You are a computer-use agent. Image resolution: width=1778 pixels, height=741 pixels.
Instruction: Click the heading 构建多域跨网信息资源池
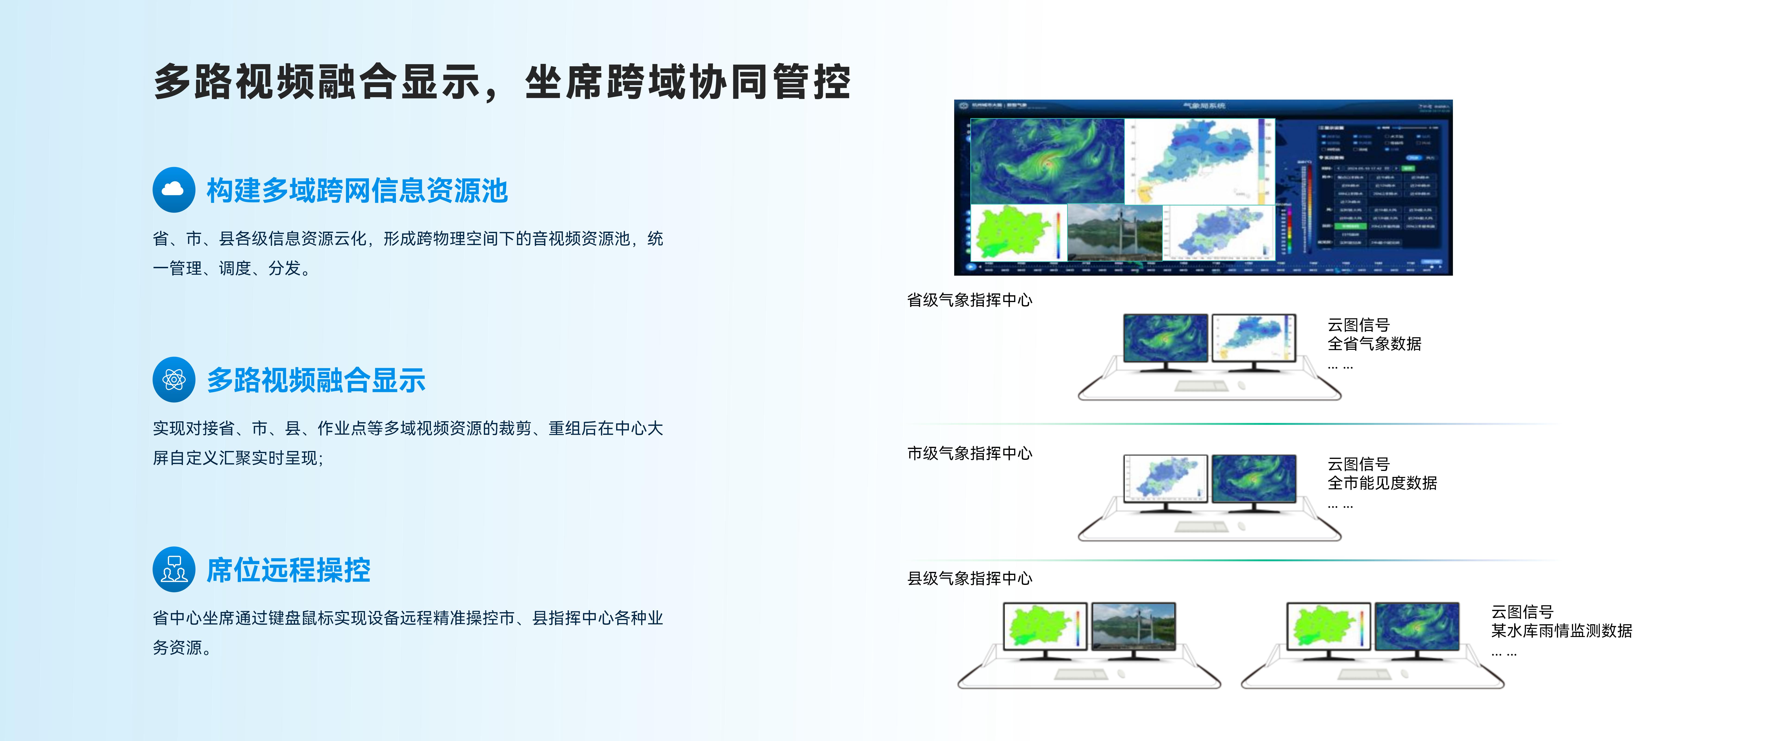(x=357, y=191)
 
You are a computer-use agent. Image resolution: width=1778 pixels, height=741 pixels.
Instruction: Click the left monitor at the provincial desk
(x=1165, y=338)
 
